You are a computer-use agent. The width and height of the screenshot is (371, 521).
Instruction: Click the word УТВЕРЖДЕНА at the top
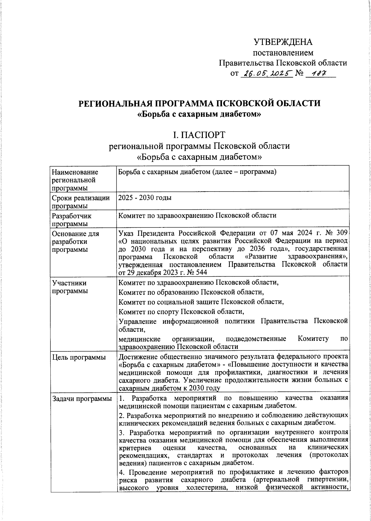tap(283, 42)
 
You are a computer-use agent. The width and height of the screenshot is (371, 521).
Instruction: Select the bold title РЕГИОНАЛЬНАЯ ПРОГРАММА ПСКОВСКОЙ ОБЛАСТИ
tap(199, 103)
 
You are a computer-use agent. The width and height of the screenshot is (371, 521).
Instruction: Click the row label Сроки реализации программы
tap(81, 202)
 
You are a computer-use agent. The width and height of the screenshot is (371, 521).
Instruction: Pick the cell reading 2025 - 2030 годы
tap(145, 198)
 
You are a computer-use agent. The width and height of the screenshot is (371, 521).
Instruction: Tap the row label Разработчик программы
tap(72, 219)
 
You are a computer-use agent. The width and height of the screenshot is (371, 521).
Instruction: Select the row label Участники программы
tap(70, 287)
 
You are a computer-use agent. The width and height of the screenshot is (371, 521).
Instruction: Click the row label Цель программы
tap(79, 358)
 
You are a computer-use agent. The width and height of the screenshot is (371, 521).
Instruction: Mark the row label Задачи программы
tap(82, 399)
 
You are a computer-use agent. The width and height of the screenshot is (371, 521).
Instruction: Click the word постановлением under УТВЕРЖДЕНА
tap(283, 53)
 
